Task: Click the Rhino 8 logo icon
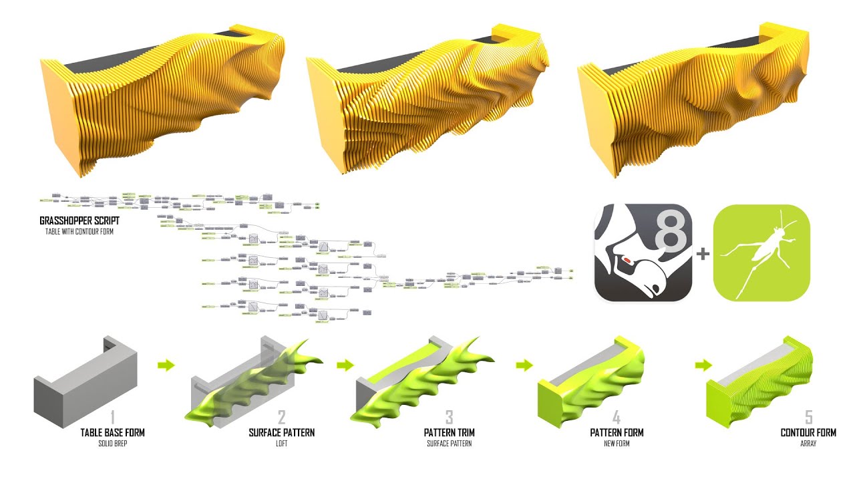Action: (643, 253)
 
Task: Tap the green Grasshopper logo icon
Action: (761, 253)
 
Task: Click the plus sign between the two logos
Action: (703, 254)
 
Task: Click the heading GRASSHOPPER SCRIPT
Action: (77, 220)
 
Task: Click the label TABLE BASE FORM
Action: (112, 432)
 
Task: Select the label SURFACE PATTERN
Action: (281, 432)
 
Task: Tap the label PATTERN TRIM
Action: (449, 432)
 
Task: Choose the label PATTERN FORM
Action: (617, 432)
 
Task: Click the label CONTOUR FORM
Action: (808, 432)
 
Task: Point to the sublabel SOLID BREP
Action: (112, 444)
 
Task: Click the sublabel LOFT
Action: (281, 444)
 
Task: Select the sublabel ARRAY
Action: (808, 444)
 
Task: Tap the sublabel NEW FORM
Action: (617, 444)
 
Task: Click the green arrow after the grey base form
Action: (166, 365)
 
